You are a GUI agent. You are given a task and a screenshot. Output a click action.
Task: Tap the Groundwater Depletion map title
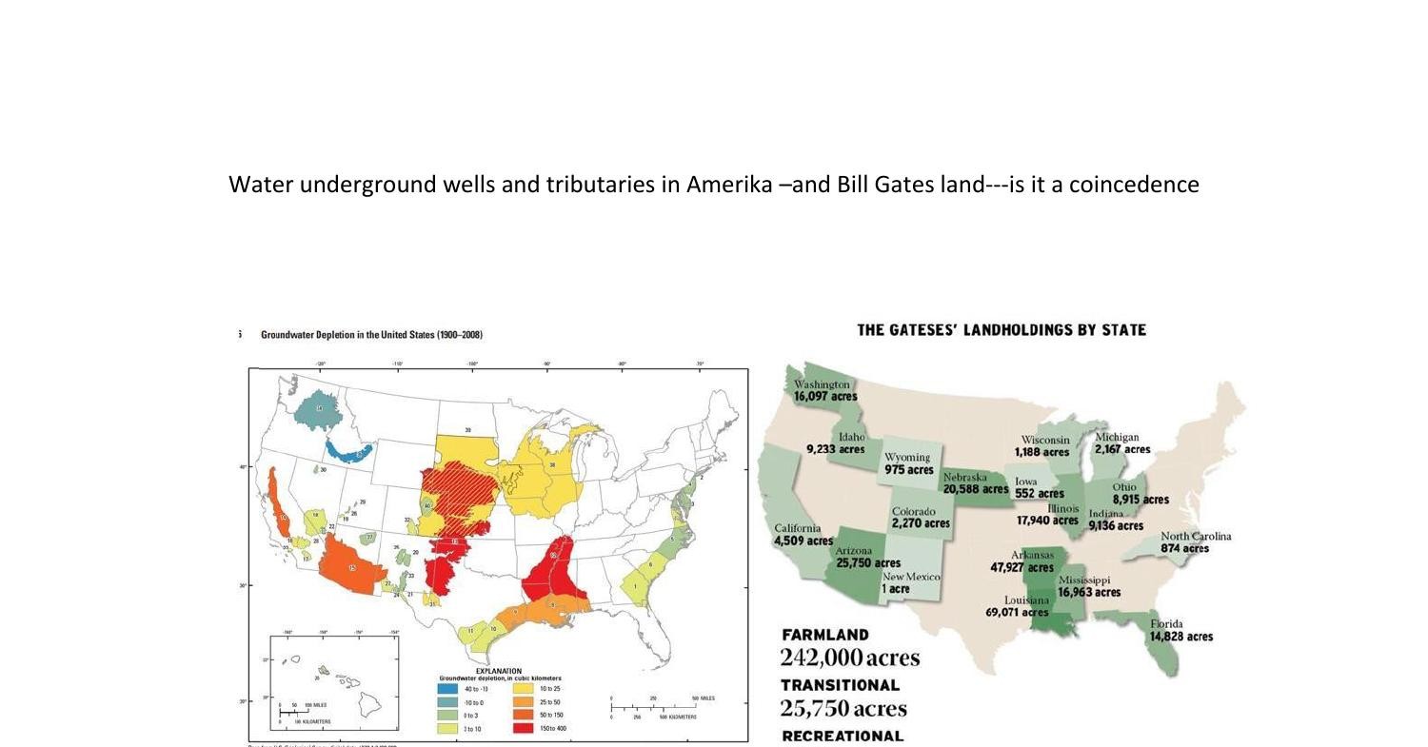(x=371, y=335)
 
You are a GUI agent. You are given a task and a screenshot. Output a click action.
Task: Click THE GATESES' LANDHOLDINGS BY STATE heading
(x=1002, y=330)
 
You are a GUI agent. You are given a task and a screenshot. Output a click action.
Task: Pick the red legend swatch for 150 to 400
(x=523, y=728)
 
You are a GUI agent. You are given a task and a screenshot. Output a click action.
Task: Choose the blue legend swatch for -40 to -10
(x=447, y=688)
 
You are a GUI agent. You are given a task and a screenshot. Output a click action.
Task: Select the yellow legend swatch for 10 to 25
(x=523, y=688)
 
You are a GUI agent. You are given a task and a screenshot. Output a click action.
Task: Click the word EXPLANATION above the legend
(x=498, y=671)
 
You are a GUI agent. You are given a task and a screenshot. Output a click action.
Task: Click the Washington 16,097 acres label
(x=824, y=390)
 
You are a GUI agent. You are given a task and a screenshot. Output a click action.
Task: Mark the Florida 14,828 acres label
(x=1180, y=631)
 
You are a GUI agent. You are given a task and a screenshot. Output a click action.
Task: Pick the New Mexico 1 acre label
(x=910, y=583)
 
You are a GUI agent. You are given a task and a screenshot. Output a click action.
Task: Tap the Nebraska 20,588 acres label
(x=975, y=483)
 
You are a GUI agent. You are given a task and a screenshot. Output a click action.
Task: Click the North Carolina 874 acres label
(x=1195, y=542)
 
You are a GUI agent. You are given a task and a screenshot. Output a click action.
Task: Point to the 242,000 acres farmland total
(x=849, y=658)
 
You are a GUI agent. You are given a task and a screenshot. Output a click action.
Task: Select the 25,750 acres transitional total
(x=843, y=708)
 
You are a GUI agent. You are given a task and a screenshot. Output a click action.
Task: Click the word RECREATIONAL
(x=842, y=736)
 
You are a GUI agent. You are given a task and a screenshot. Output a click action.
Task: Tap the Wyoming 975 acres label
(x=908, y=463)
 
